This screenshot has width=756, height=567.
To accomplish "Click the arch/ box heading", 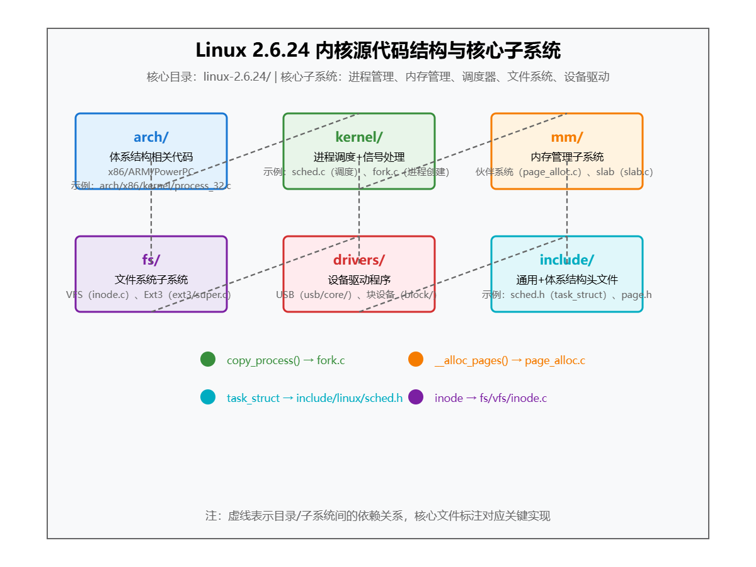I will click(151, 137).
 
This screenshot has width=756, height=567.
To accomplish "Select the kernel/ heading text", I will click(359, 137).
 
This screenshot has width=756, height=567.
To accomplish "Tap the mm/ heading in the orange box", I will click(567, 137).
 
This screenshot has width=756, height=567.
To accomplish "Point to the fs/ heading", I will click(151, 260).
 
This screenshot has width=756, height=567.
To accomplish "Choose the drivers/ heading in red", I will click(359, 260).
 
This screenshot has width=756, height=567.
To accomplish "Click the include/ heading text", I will click(567, 260).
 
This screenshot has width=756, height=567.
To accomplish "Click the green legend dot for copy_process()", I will click(208, 359).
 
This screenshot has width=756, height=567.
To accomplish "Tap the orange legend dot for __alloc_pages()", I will click(416, 359).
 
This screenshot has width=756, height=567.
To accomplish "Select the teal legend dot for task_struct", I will click(208, 397).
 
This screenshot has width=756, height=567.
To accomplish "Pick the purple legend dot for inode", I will click(416, 397).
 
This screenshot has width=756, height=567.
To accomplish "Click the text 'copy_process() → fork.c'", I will click(285, 360).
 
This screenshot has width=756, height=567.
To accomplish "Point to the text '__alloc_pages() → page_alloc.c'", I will click(510, 360).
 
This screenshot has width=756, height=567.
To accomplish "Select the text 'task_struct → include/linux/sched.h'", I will click(314, 398).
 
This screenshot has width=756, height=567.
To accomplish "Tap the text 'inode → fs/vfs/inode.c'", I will click(491, 398).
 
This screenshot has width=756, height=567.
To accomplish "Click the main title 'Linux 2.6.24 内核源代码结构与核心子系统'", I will click(378, 50).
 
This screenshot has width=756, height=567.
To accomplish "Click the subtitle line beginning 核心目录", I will click(378, 77).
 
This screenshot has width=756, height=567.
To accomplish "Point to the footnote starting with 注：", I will click(378, 516).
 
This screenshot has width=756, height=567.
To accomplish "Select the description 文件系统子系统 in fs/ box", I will click(151, 280).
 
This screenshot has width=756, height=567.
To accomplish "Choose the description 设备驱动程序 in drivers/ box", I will click(359, 280).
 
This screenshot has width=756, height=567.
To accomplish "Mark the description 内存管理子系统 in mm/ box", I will click(567, 157).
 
